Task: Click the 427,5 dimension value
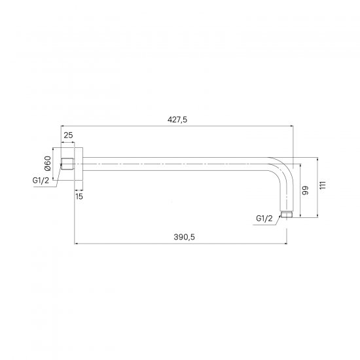[x=177, y=120]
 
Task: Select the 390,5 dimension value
[x=184, y=237]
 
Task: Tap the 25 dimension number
[x=68, y=135]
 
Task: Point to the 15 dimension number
[x=79, y=196]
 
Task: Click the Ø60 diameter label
[x=48, y=163]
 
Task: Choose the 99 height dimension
[x=306, y=190]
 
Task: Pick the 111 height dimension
[x=323, y=185]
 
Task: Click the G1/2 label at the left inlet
[x=41, y=181]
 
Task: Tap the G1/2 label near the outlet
[x=264, y=219]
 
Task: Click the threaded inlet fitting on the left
[x=67, y=164]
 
